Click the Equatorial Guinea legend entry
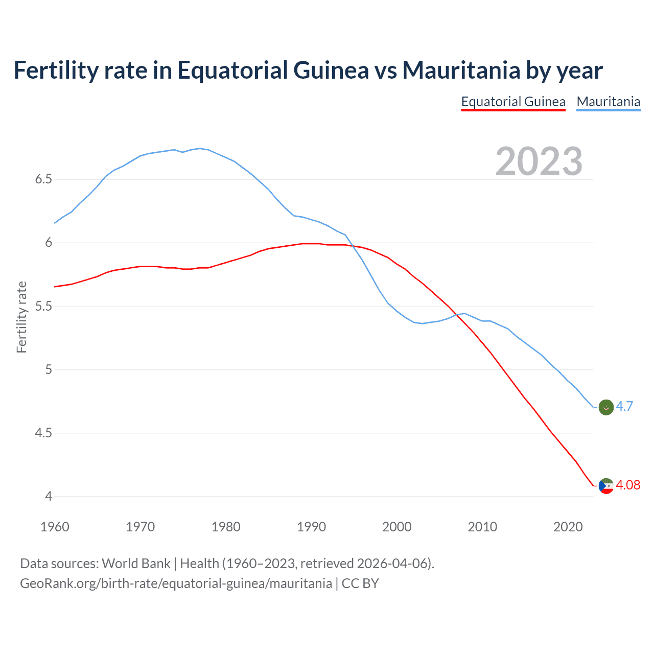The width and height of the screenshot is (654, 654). click(x=513, y=102)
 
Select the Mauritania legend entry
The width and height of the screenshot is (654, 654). click(x=608, y=102)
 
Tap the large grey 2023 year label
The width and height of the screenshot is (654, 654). click(x=539, y=161)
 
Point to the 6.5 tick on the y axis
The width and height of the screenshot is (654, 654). click(x=43, y=179)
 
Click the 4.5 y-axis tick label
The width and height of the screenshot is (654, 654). click(x=43, y=433)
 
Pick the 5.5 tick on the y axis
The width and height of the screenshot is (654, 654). click(x=43, y=307)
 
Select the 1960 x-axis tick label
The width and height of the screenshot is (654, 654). click(x=55, y=527)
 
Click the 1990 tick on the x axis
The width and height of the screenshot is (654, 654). click(x=311, y=527)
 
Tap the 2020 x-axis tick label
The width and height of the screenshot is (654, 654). click(x=568, y=527)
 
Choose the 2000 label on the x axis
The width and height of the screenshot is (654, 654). click(x=396, y=527)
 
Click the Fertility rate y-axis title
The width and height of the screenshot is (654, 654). click(x=21, y=317)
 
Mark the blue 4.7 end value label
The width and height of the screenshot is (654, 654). click(x=624, y=406)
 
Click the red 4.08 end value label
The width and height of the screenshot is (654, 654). click(x=628, y=485)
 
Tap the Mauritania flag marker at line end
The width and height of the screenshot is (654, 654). click(x=605, y=407)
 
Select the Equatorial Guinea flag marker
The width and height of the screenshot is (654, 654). click(x=605, y=486)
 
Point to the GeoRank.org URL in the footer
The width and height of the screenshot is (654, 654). click(x=176, y=583)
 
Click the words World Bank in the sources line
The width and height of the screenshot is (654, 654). click(x=136, y=564)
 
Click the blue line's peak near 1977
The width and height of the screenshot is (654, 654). click(x=199, y=149)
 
